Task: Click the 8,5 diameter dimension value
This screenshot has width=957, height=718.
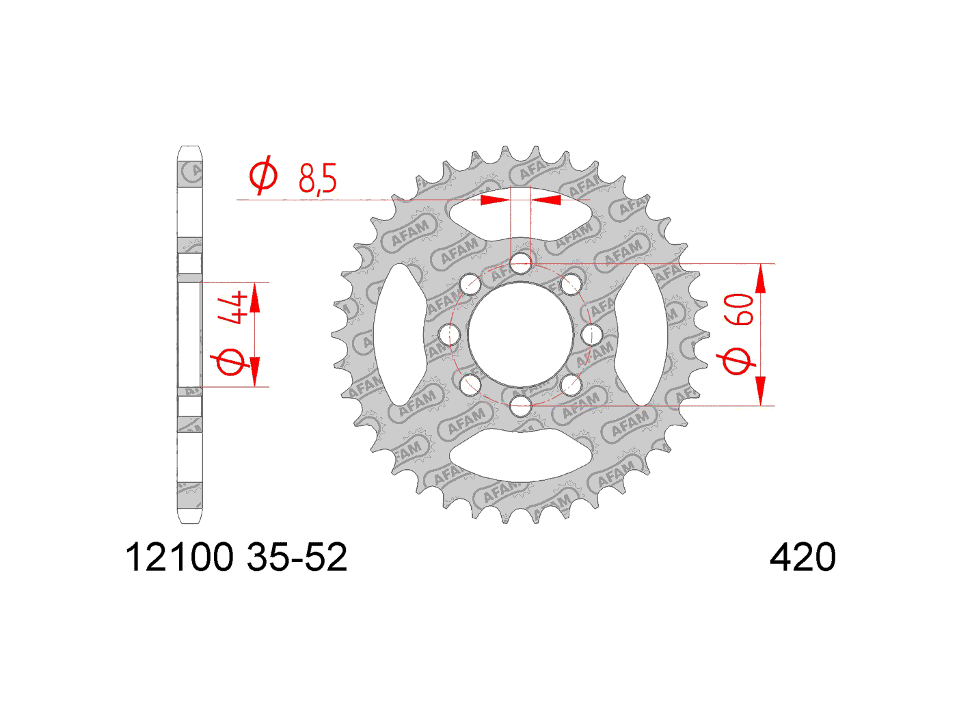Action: click(x=317, y=178)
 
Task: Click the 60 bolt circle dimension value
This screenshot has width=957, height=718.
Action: click(x=738, y=310)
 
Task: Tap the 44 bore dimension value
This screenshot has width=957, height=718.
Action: click(x=233, y=310)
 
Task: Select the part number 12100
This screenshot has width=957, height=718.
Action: click(x=179, y=557)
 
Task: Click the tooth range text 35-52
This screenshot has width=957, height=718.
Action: click(x=297, y=557)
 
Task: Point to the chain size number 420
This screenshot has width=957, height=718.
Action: click(x=803, y=557)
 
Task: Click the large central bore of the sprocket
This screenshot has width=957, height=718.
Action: click(x=521, y=335)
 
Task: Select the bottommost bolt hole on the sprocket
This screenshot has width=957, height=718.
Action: click(x=521, y=406)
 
